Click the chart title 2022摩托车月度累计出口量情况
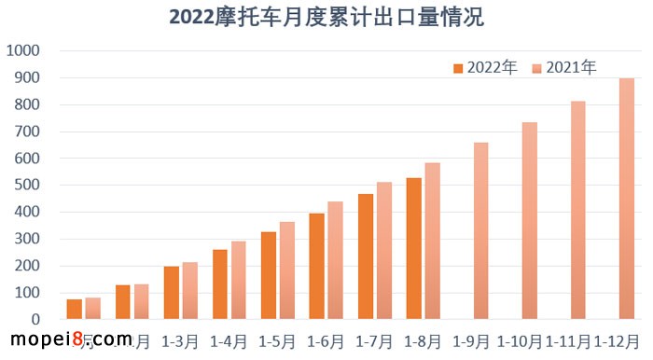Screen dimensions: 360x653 click(x=327, y=17)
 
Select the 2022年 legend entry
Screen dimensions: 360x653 click(x=484, y=67)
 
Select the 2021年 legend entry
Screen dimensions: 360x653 click(x=563, y=67)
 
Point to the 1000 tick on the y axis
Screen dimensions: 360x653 click(x=23, y=50)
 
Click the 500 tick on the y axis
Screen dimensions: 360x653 click(x=27, y=185)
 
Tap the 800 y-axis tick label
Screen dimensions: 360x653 click(x=27, y=104)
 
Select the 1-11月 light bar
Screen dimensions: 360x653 click(x=578, y=210)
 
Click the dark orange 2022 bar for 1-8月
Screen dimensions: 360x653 click(x=413, y=249)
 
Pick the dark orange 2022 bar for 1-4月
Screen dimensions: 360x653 click(x=219, y=284)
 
